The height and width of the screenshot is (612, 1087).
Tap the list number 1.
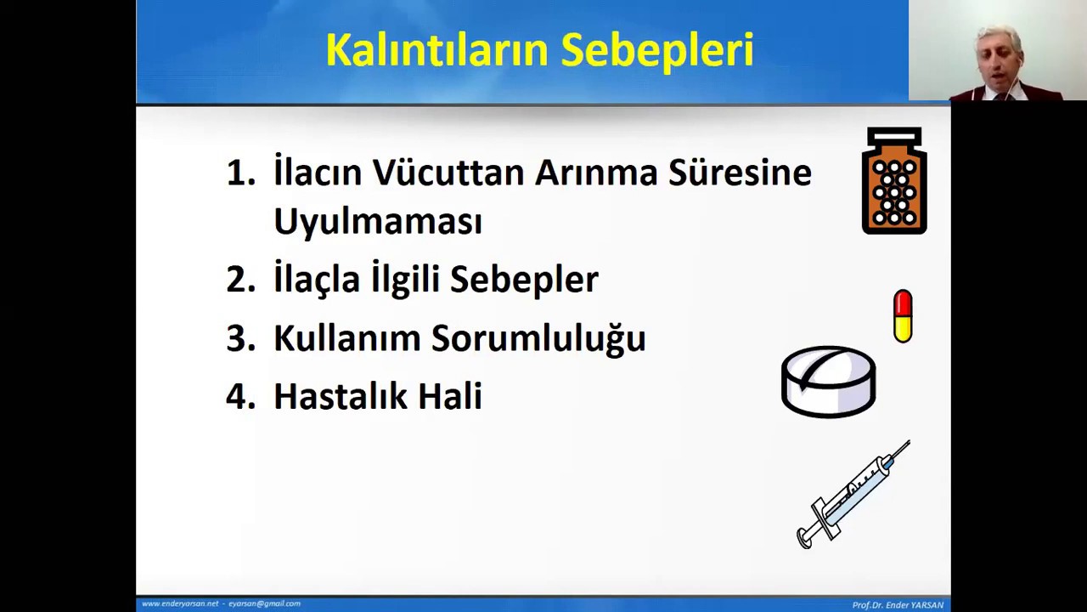pos(240,173)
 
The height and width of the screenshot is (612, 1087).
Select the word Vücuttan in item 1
pos(448,173)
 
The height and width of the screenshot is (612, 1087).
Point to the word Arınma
pos(595,173)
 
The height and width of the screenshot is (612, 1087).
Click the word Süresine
pos(739,173)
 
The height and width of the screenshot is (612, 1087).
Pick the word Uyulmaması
pos(377,222)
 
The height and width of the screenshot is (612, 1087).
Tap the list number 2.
pos(240,280)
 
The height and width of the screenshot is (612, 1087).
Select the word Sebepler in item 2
pos(524,280)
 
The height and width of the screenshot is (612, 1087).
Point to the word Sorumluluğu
pos(538,339)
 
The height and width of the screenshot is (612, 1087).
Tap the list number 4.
pos(240,396)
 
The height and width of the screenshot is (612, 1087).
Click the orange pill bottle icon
pos(894,181)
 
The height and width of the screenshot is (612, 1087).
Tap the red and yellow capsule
pos(903,316)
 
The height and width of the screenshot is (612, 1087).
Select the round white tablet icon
pos(828,382)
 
